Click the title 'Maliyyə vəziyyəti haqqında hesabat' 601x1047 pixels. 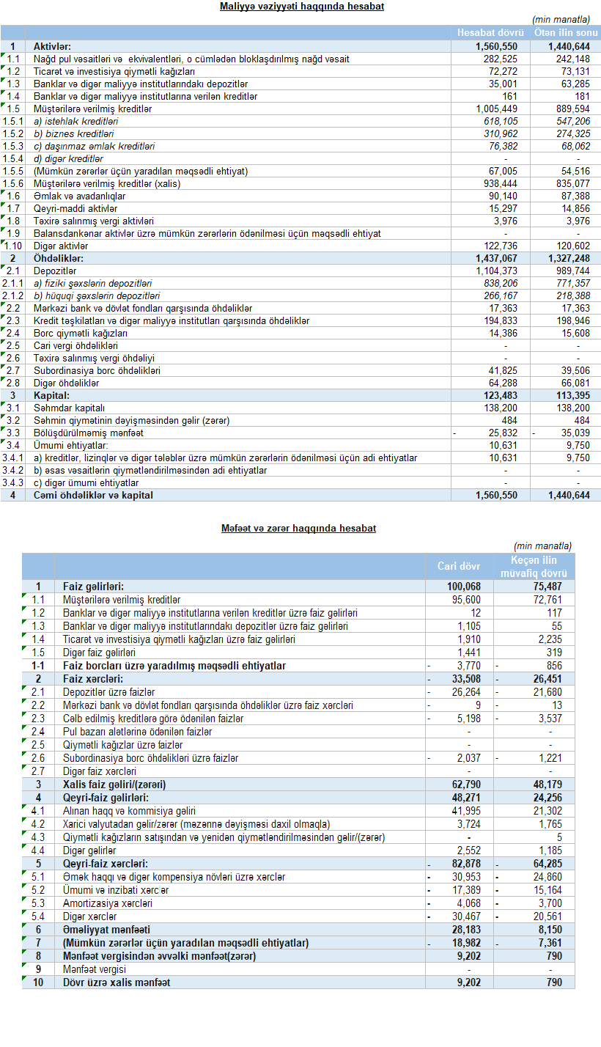tap(302, 7)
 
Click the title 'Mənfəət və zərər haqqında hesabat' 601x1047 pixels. tap(298, 528)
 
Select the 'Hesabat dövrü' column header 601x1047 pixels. tap(490, 33)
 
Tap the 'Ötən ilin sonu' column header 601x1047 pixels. tap(566, 33)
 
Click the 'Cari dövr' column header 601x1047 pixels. tap(459, 566)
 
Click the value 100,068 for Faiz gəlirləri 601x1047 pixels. tap(464, 587)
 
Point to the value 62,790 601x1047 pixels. tap(466, 785)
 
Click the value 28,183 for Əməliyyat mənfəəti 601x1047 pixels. tap(466, 930)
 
